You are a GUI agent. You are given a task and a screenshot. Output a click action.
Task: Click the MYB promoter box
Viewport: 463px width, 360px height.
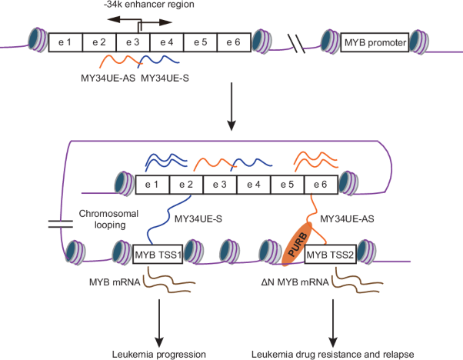click(x=375, y=42)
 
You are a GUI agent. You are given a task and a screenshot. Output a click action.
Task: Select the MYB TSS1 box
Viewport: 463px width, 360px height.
click(x=158, y=254)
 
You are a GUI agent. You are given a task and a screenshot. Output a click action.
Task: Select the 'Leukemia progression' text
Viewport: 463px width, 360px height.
click(x=158, y=353)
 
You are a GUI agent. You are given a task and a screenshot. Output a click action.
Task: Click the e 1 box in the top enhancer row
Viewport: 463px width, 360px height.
click(x=65, y=42)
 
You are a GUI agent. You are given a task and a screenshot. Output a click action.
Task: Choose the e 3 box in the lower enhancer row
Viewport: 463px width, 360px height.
click(x=220, y=184)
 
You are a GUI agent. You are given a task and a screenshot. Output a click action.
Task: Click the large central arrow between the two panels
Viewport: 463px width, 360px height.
click(x=230, y=112)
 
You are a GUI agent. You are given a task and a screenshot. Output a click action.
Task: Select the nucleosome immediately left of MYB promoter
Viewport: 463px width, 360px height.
click(x=332, y=42)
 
